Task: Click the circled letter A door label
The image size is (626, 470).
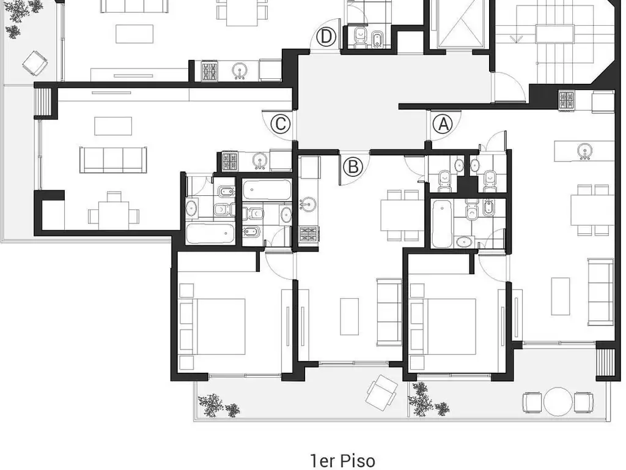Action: click(x=443, y=124)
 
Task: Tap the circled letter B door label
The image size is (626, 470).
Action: click(x=353, y=166)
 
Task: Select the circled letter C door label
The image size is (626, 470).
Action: click(x=280, y=124)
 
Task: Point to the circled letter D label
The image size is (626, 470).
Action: click(x=326, y=37)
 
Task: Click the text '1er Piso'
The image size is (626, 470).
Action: click(x=342, y=460)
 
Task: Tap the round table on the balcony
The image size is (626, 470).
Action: click(x=558, y=401)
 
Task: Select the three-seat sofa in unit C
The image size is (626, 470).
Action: click(x=113, y=160)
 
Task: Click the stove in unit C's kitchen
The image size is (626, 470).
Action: click(x=230, y=162)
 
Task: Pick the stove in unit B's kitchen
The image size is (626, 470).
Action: click(x=309, y=234)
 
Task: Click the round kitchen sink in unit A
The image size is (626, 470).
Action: click(x=585, y=151)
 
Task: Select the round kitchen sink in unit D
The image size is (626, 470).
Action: click(x=239, y=71)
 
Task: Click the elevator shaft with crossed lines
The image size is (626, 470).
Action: click(x=462, y=23)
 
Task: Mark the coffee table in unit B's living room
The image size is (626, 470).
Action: click(x=349, y=316)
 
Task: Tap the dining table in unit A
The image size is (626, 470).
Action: click(x=592, y=210)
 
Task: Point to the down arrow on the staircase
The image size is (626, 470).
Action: click(x=516, y=39)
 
